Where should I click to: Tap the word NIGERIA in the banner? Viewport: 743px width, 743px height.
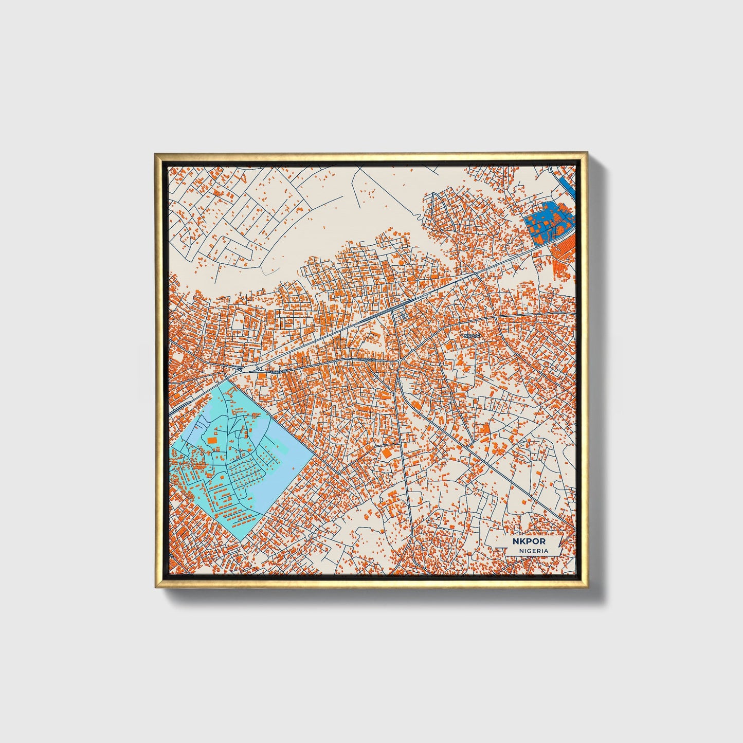coord(533,551)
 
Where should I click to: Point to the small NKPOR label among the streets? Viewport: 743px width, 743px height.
coord(471,335)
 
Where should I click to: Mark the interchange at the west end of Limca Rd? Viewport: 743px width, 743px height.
coord(242,369)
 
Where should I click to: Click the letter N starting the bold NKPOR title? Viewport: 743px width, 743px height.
coord(515,541)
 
